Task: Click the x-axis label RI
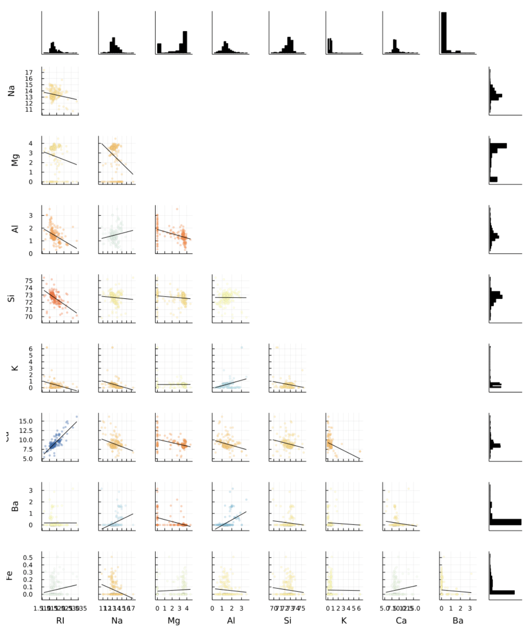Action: point(60,621)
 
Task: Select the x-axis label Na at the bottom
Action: point(117,621)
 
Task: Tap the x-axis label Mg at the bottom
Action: point(174,621)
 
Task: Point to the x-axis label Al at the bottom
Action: point(231,621)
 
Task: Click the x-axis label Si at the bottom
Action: point(288,621)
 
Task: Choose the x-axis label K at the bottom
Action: point(344,621)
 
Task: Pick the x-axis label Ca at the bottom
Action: point(401,621)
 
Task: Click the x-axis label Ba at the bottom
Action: point(458,621)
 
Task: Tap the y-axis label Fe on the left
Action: point(9,575)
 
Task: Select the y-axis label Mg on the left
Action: point(15,160)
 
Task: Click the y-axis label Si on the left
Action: point(11,298)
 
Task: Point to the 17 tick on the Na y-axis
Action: point(29,72)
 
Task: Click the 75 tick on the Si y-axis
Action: point(29,280)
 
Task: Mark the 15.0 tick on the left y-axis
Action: point(25,421)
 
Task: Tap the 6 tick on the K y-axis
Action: point(31,349)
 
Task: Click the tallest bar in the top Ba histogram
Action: point(444,33)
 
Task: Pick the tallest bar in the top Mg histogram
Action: point(185,42)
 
